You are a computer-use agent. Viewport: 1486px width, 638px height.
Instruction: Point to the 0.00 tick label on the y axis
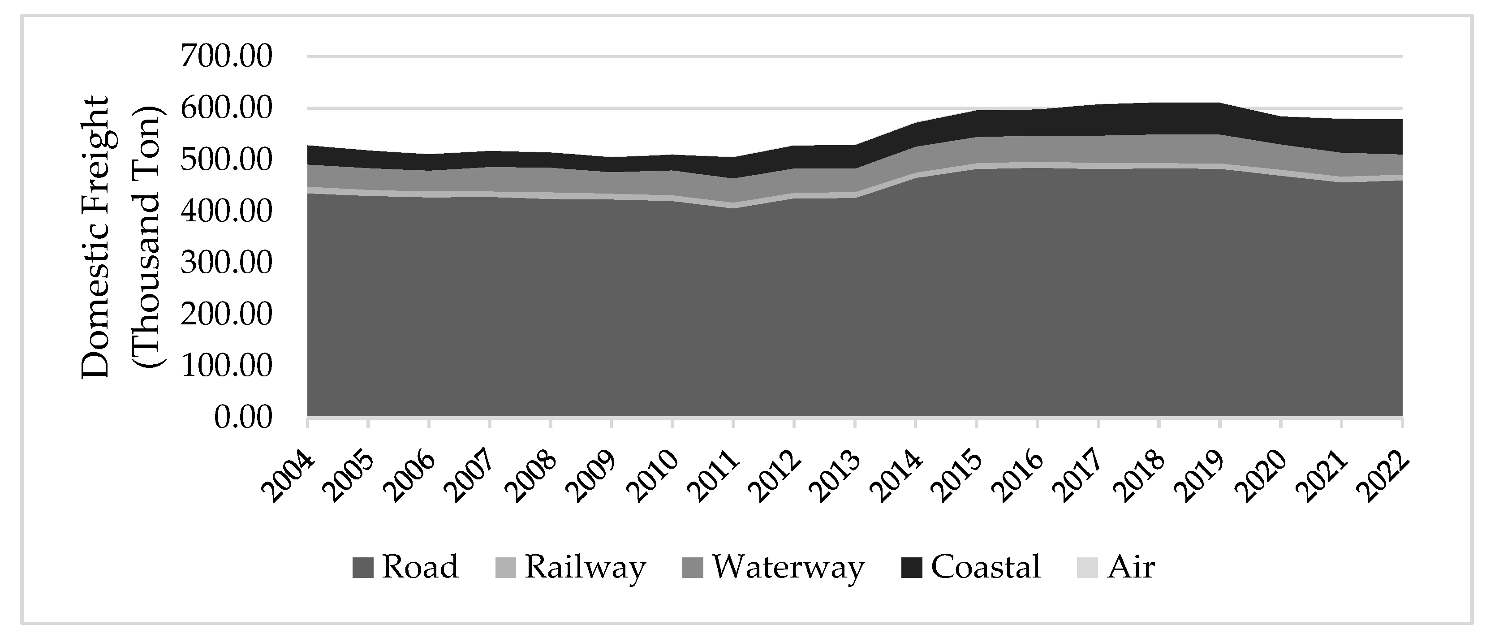pyautogui.click(x=243, y=417)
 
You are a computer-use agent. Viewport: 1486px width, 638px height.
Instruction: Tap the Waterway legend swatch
pyautogui.click(x=693, y=568)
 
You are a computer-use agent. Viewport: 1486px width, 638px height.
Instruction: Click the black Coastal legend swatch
pyautogui.click(x=911, y=568)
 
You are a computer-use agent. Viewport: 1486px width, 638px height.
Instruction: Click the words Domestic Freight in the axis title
pyautogui.click(x=95, y=237)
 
